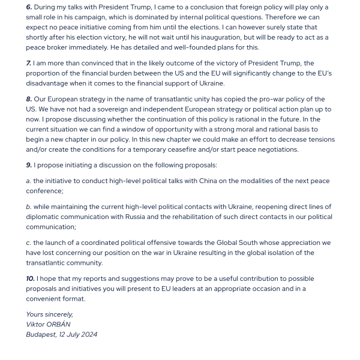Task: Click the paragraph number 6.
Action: (x=29, y=7)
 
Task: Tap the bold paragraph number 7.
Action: (x=28, y=64)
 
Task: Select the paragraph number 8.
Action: (x=29, y=100)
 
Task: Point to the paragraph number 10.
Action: (x=30, y=278)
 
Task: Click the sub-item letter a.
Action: (x=28, y=181)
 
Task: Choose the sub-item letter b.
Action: (x=28, y=207)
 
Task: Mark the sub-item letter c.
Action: (x=28, y=243)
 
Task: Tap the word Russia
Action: (x=136, y=217)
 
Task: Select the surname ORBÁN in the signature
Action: (x=57, y=325)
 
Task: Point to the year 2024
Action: (x=88, y=335)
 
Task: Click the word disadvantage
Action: (x=52, y=83)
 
